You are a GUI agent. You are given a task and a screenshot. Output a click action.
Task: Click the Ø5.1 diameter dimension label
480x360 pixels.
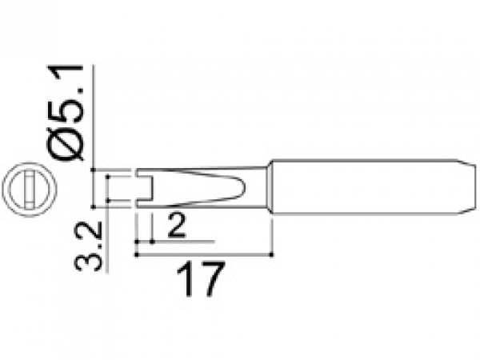pos(65,112)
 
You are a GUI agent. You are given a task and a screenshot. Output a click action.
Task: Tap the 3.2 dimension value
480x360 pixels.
pos(89,246)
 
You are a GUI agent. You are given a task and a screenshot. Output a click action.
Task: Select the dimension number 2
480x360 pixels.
pos(177,226)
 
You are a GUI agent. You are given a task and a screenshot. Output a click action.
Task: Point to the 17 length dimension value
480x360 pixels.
pos(201,279)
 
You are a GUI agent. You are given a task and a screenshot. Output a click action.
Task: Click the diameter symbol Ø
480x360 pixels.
pos(65,143)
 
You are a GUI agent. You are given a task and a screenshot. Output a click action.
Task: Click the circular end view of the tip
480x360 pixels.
pos(29,190)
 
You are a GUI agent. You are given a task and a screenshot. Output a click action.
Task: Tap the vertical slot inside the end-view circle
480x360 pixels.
pos(29,190)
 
